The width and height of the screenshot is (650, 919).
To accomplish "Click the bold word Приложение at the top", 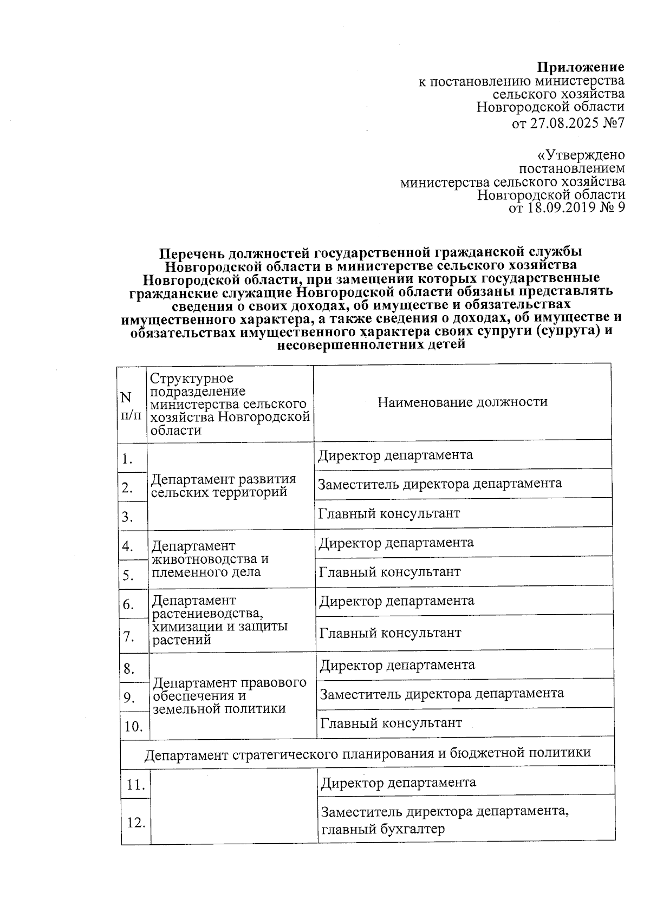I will (580, 67).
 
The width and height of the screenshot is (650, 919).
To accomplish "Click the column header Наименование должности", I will (462, 402).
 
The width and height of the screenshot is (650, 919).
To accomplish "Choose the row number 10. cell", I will (133, 726).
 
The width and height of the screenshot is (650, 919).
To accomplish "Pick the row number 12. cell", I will (136, 823).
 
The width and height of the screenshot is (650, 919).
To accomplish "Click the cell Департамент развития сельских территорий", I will (224, 486).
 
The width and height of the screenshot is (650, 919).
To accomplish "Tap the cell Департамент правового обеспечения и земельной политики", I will (229, 695).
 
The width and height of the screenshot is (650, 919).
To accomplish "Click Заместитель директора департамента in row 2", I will (440, 483).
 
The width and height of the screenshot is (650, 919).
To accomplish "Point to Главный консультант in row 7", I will (390, 633).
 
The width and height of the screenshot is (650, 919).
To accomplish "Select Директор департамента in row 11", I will (399, 782).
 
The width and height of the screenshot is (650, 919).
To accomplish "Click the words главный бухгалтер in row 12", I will (383, 829).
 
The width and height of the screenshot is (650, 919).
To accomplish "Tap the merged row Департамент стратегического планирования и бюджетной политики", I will (367, 753).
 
